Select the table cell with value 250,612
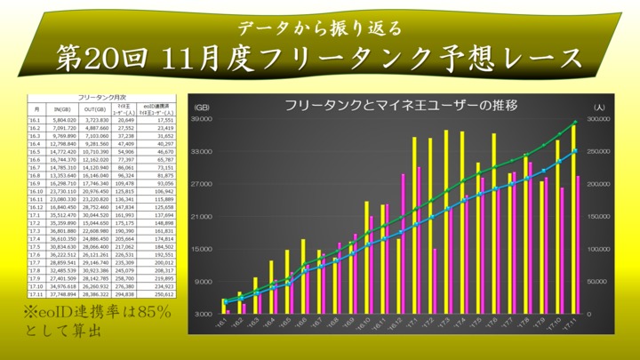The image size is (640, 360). [163, 294]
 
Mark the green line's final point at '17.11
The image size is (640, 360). [575, 122]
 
